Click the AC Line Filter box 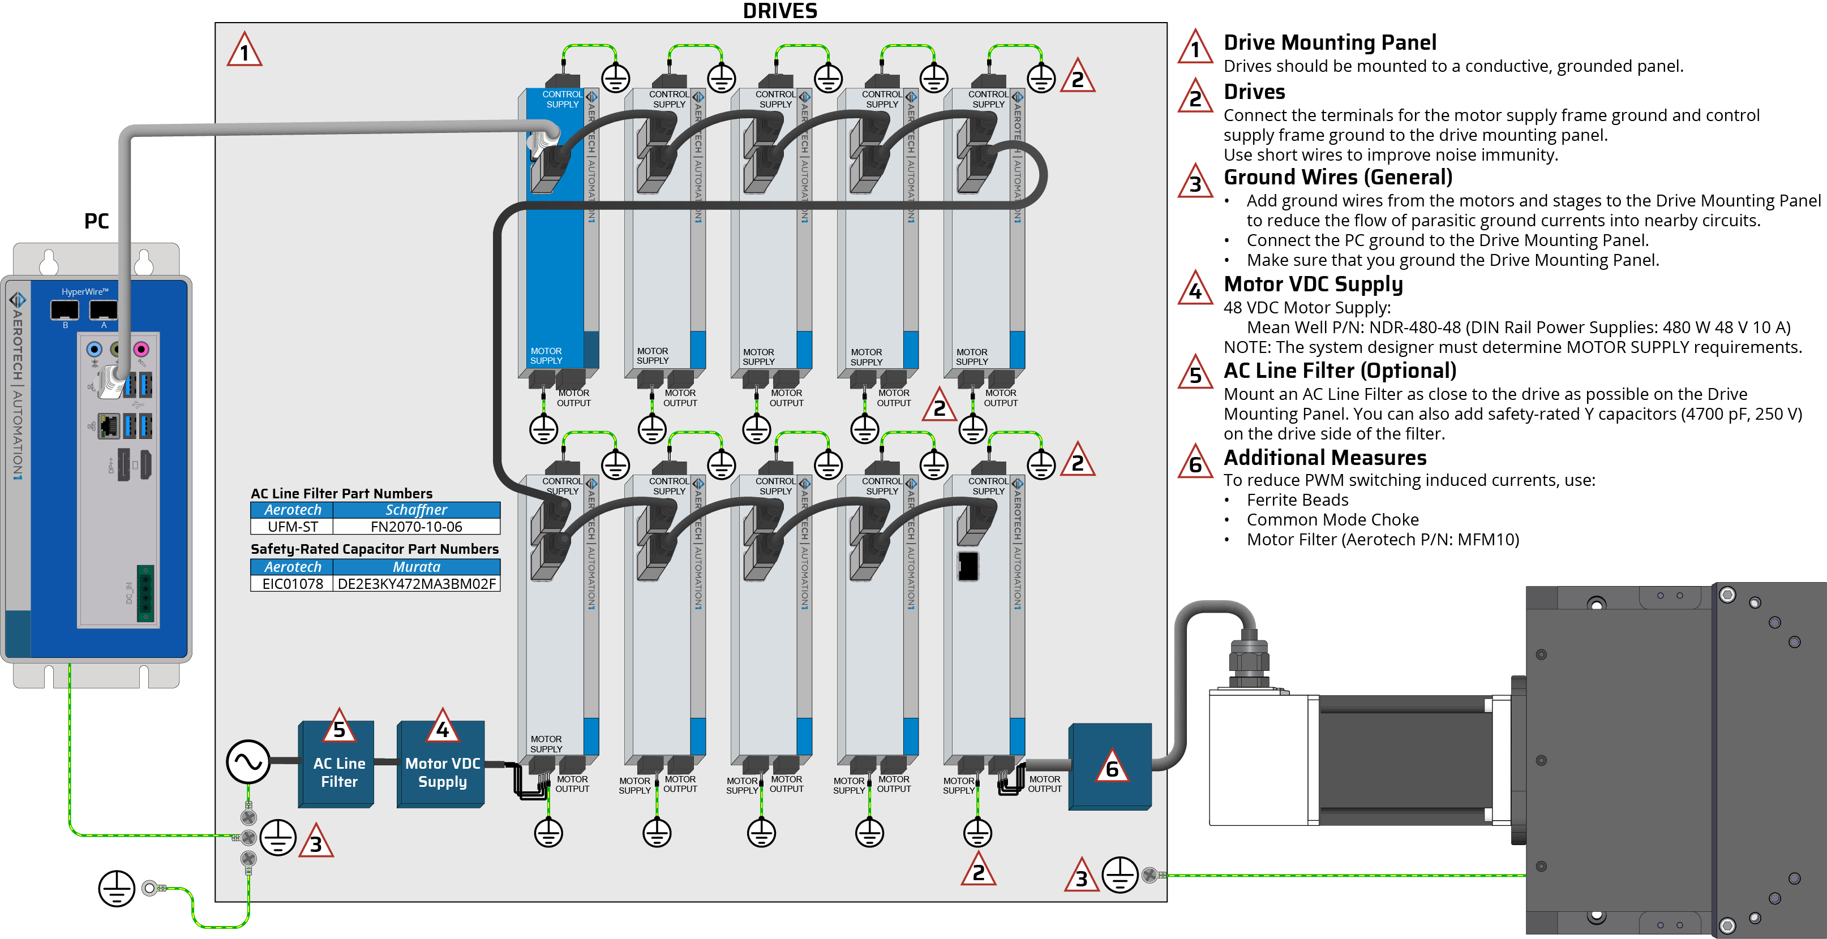(x=336, y=764)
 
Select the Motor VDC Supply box (x=440, y=764)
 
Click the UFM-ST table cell (x=292, y=527)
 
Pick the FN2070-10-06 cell (x=417, y=527)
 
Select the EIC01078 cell (x=292, y=583)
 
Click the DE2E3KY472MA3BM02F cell (x=417, y=583)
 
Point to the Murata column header (x=417, y=567)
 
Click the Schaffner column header (x=417, y=510)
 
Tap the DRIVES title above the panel (x=779, y=11)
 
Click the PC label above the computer (x=96, y=221)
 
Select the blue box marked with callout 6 (x=1110, y=766)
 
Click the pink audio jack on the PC (x=141, y=348)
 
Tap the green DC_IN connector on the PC (x=145, y=594)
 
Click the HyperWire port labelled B (x=65, y=309)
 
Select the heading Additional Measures (x=1325, y=457)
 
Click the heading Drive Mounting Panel (x=1330, y=42)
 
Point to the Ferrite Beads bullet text (x=1297, y=499)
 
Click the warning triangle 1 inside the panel (x=245, y=50)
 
